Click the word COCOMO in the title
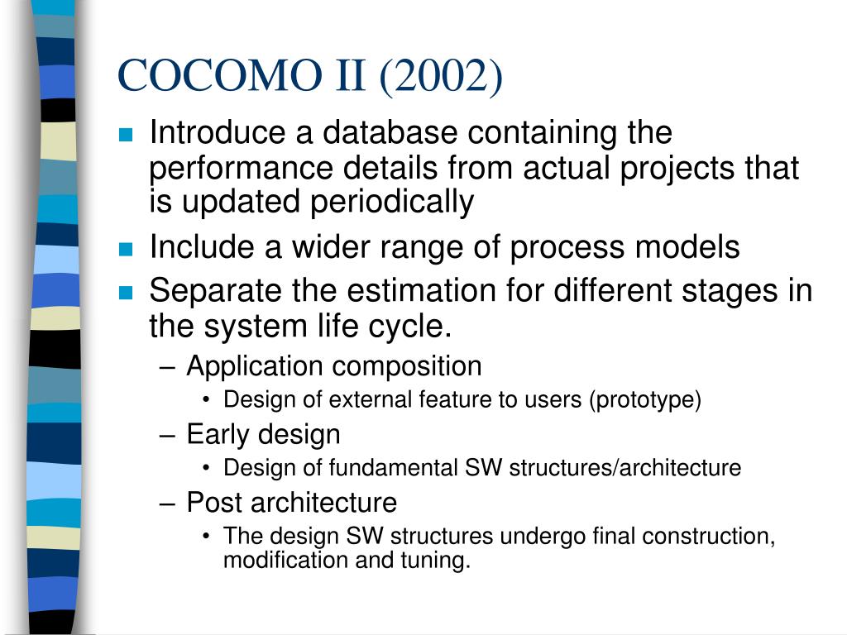tap(219, 74)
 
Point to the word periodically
tap(391, 203)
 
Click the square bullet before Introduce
tap(126, 135)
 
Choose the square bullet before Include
tap(126, 249)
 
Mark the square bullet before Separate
tap(126, 293)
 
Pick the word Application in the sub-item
tap(255, 367)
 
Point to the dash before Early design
tap(167, 435)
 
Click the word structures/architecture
tap(625, 468)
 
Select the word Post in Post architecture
tap(214, 502)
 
